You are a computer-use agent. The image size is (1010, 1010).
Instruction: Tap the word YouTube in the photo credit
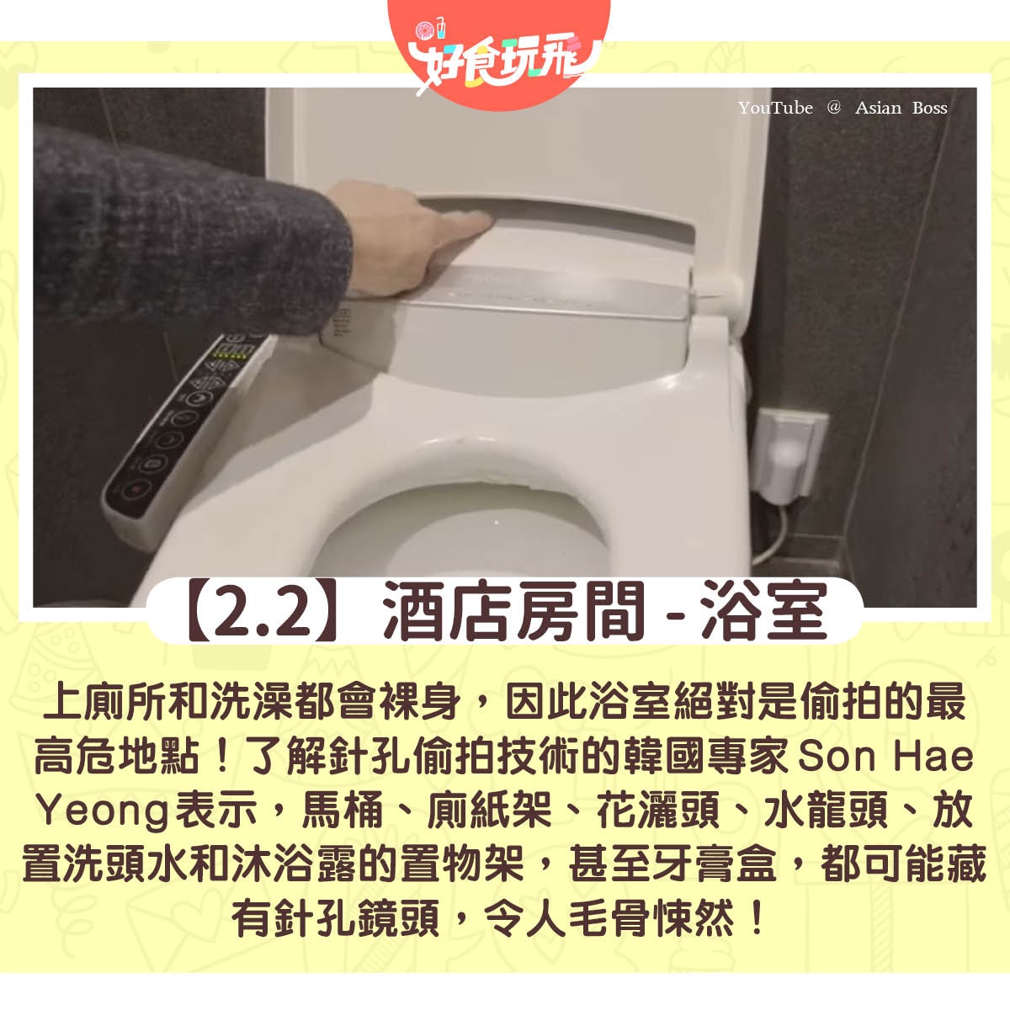(x=775, y=108)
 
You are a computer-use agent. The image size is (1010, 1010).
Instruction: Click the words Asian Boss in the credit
(x=901, y=108)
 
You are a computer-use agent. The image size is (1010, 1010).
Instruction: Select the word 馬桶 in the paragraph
(x=343, y=811)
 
